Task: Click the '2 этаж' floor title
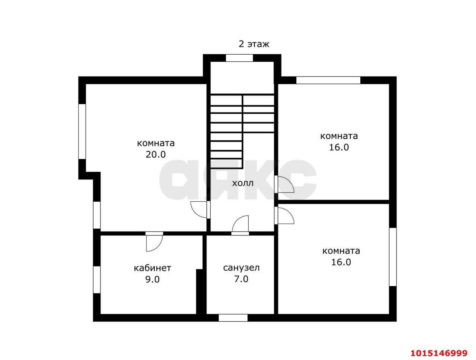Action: coord(254,44)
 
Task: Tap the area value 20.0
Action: coord(155,155)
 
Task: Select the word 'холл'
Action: coord(243,184)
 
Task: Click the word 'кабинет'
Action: coord(152,268)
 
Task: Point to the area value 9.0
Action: coord(152,279)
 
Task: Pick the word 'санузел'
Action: coord(241,268)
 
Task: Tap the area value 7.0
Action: coord(241,279)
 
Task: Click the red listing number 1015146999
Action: coord(439,353)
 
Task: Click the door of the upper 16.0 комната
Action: coord(284,184)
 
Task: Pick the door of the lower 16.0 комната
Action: coord(284,216)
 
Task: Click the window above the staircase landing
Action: coord(239,58)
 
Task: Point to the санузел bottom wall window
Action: coord(233,318)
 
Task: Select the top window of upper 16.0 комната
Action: coord(328,80)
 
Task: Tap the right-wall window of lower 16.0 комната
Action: coord(393,257)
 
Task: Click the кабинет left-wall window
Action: coord(97,280)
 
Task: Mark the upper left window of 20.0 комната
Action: coord(82,132)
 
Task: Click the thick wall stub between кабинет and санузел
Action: coord(199,292)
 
